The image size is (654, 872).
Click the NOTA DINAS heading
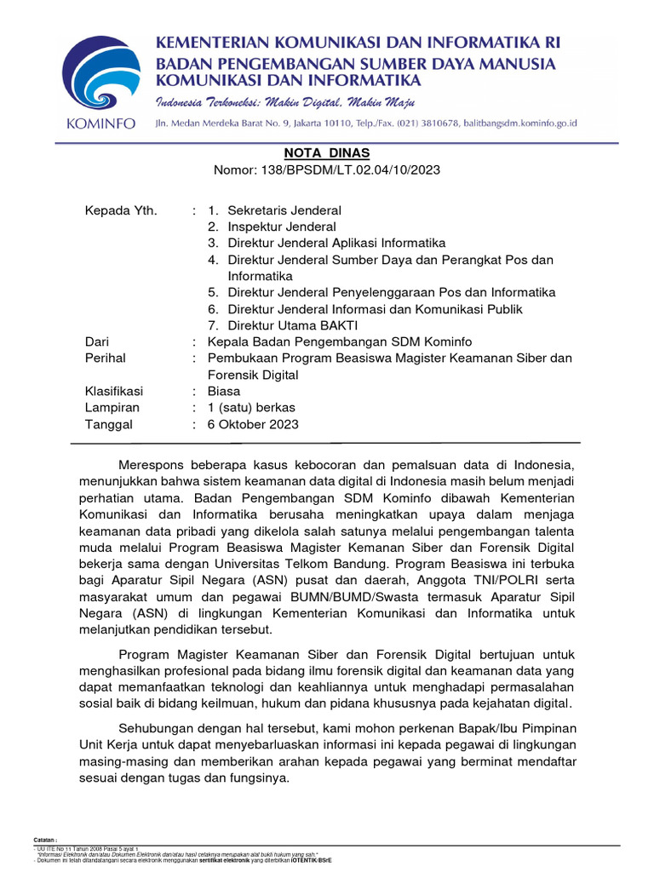click(x=327, y=152)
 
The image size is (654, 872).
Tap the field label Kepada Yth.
click(x=122, y=210)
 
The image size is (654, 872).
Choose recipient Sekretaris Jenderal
click(x=284, y=210)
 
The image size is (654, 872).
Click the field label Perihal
click(x=106, y=359)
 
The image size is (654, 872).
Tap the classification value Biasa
click(x=224, y=391)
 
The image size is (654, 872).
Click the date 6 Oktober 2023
click(x=253, y=424)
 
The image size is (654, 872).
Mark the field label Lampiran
click(x=112, y=408)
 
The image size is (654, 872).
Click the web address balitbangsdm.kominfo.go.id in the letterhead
click(x=519, y=123)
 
